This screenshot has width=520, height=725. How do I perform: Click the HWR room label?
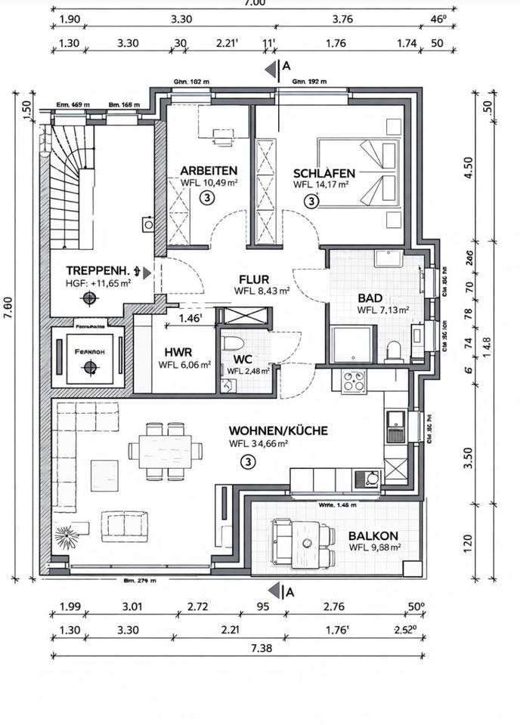pos(178,352)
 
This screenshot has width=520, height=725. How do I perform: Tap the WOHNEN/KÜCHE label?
pos(278,430)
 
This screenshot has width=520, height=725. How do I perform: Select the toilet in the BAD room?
pos(392,351)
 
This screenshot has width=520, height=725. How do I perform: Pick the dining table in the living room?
pos(166,452)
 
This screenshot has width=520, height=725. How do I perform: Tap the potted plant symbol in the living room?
pos(67,537)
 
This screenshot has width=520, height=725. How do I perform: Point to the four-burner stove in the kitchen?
pos(353,381)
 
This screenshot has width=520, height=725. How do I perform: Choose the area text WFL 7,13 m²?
pos(383,310)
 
